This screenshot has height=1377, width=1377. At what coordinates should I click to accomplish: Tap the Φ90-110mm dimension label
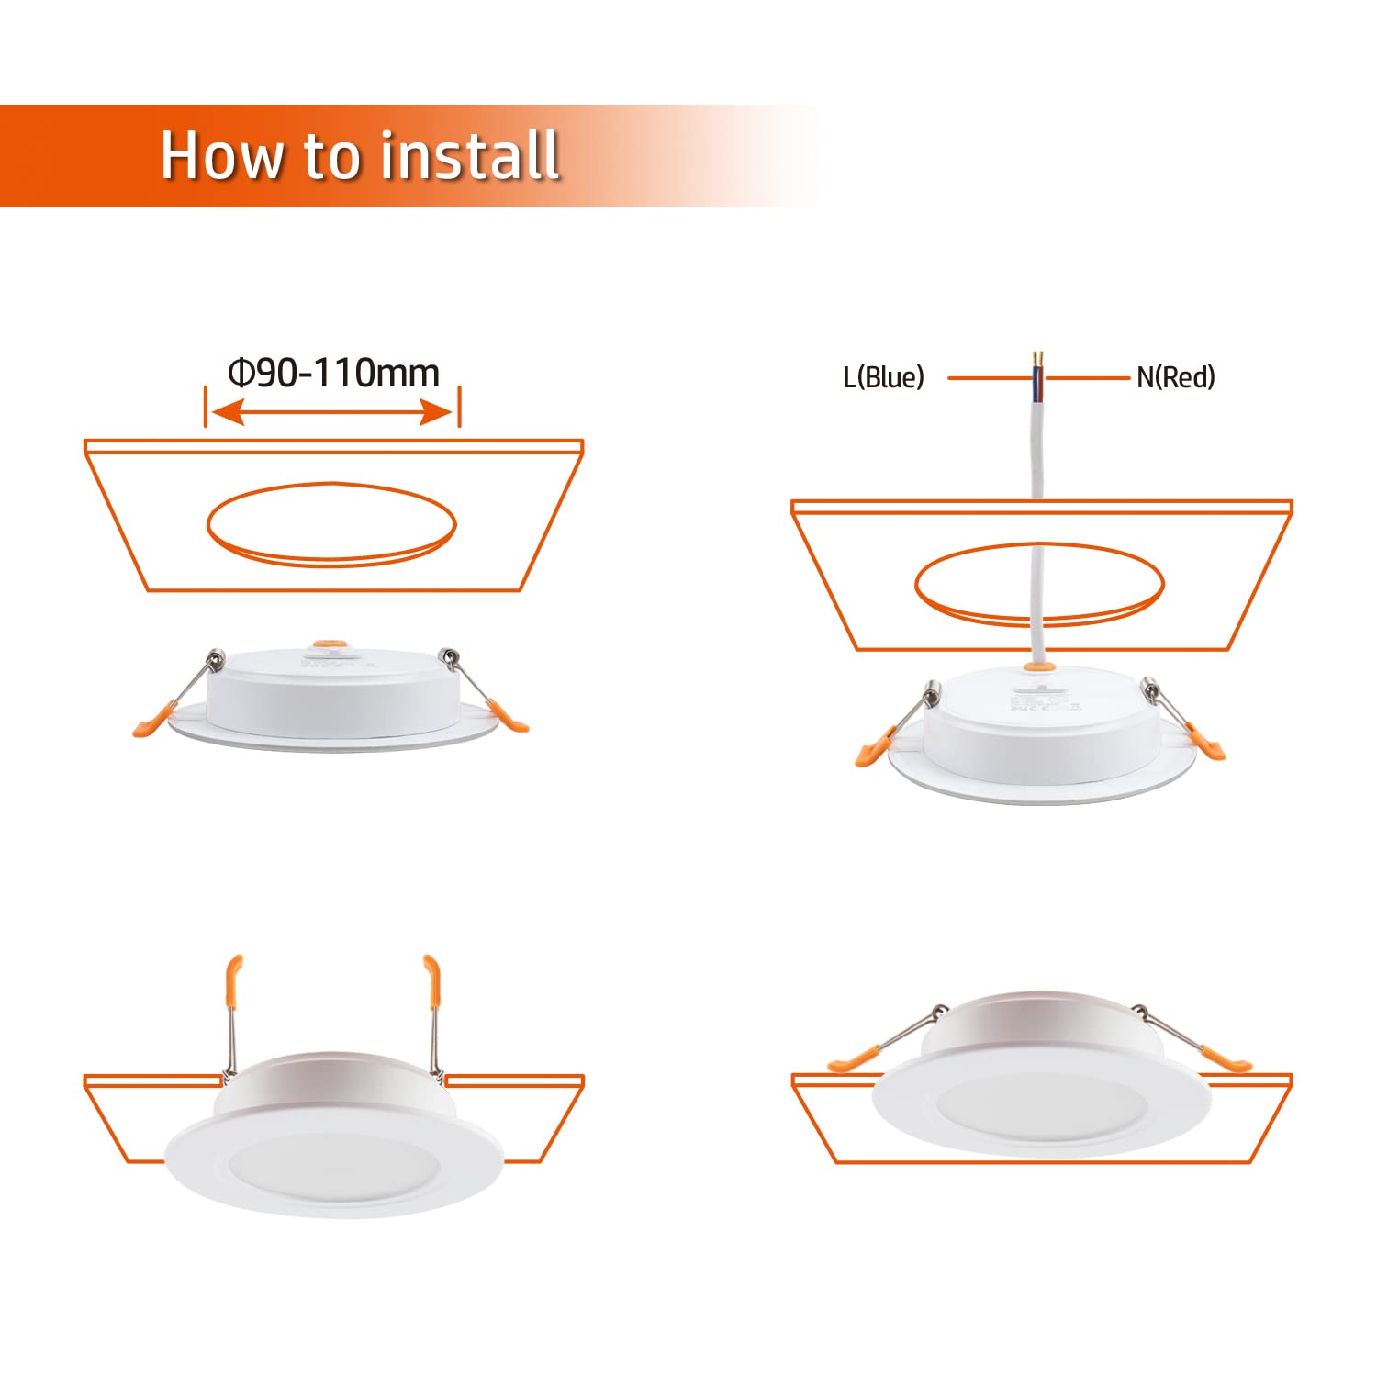tap(334, 374)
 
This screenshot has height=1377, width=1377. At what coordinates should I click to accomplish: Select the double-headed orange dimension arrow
tap(332, 413)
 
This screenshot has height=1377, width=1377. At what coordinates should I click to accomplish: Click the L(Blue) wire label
tap(883, 377)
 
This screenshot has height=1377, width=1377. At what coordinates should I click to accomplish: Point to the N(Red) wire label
tap(1176, 377)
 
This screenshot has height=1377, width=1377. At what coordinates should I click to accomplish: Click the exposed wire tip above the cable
tap(1038, 357)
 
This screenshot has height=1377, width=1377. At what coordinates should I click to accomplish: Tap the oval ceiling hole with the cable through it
tap(1039, 585)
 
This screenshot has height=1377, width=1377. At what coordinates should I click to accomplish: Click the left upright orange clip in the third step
tap(234, 981)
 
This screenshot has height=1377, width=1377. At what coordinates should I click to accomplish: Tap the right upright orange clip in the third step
tap(431, 981)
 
